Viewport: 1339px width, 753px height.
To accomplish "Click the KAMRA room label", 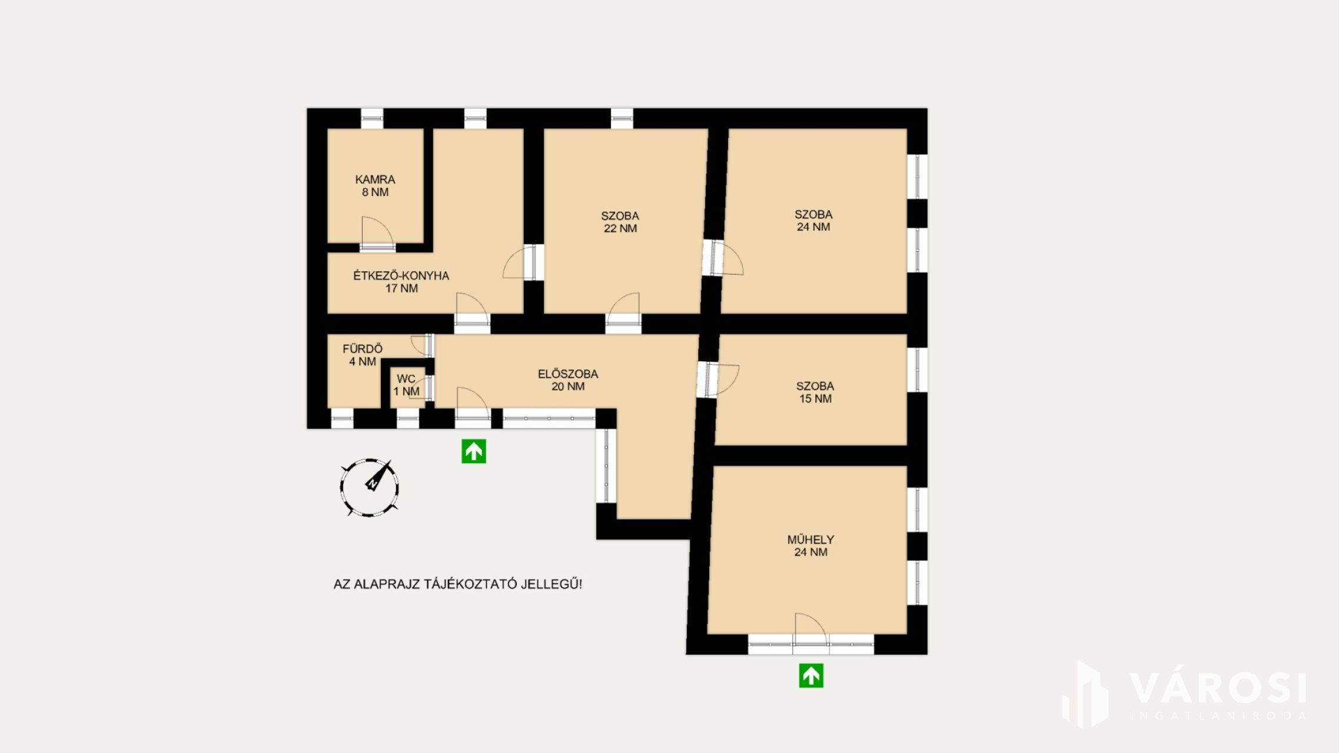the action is tap(375, 179).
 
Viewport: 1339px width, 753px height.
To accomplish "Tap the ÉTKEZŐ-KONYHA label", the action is tap(401, 275).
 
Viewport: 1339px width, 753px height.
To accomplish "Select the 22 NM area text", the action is tap(620, 228).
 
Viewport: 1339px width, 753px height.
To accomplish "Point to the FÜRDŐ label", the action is tap(362, 348).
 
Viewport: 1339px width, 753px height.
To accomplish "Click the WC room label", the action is tap(406, 379).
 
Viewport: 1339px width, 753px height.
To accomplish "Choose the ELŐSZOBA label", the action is tap(568, 374).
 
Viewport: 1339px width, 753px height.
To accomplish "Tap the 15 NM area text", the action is tap(815, 398).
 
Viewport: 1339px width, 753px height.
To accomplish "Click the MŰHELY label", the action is tap(810, 539).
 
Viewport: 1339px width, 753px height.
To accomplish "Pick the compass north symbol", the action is tap(370, 488).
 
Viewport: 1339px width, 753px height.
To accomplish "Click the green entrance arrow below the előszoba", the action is tap(474, 451).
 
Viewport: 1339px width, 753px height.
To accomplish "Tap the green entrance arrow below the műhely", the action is tap(811, 675).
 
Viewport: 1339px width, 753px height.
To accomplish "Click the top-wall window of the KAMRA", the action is tap(371, 118).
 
